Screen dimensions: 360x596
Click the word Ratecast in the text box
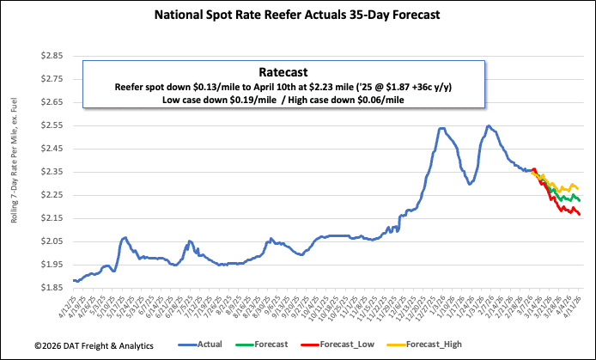(283, 73)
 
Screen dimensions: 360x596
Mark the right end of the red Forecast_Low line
(579, 214)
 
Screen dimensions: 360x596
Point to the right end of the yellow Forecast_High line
(578, 189)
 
